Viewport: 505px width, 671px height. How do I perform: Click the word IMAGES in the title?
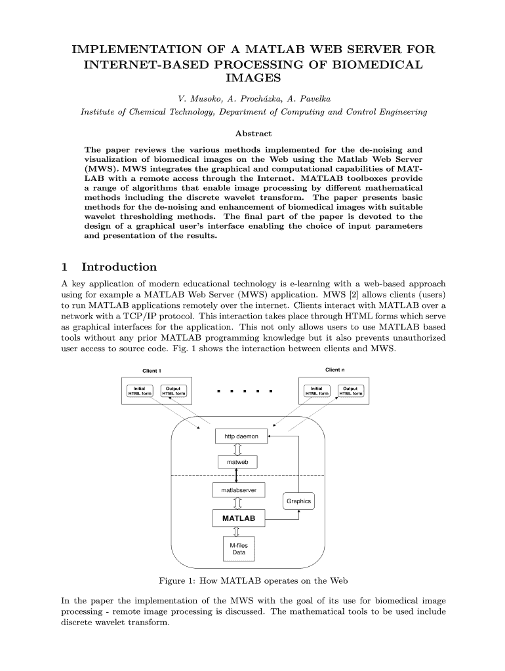point(253,79)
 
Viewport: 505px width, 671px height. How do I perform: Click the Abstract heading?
point(253,133)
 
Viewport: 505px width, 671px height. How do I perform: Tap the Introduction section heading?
point(119,267)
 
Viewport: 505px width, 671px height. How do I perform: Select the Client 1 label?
point(152,371)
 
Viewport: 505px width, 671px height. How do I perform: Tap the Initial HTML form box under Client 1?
point(139,391)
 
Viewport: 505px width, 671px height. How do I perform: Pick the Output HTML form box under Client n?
point(350,391)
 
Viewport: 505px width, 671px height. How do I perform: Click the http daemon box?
point(241,436)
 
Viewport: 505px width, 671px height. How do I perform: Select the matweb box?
point(237,462)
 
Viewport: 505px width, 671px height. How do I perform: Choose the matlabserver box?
point(238,489)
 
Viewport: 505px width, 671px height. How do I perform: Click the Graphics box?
point(298,501)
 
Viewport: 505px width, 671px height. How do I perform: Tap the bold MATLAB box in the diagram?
point(238,518)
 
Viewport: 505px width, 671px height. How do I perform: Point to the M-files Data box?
point(238,548)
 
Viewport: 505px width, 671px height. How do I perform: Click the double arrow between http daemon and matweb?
point(237,449)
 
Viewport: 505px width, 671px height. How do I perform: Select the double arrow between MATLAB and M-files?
point(237,532)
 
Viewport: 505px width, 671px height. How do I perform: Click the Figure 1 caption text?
point(253,581)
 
